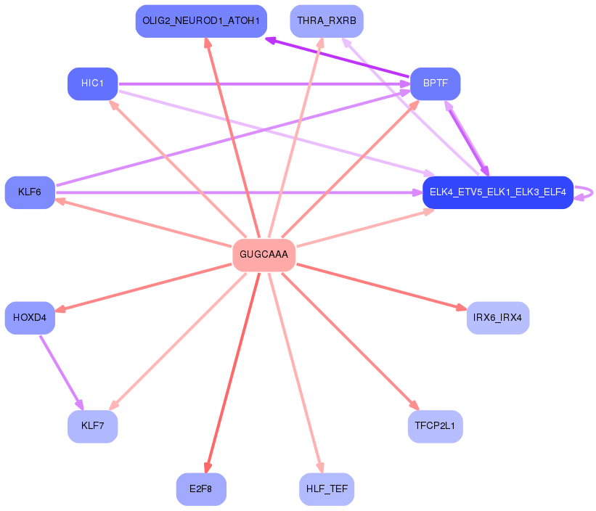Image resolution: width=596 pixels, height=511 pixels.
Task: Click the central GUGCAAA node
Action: (264, 255)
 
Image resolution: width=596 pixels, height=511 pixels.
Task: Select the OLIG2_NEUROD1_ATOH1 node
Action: (201, 21)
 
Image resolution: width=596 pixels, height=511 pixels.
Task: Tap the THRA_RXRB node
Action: (327, 21)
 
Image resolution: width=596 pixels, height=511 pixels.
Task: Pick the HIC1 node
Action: (93, 84)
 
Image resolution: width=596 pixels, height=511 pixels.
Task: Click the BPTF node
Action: (436, 84)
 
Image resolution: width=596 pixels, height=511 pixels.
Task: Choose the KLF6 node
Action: (30, 192)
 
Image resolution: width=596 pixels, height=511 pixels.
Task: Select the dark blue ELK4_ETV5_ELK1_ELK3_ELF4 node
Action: (498, 192)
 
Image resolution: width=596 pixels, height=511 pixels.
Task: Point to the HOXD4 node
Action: (30, 318)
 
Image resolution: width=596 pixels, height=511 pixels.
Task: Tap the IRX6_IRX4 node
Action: (498, 318)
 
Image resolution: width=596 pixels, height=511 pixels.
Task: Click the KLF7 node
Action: (93, 426)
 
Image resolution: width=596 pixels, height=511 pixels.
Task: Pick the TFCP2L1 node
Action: (436, 426)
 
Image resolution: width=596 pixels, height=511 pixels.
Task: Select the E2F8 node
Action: (201, 489)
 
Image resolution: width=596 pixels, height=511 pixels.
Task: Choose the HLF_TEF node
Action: (327, 489)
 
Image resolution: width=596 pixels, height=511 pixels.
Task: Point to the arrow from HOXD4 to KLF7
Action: (62, 372)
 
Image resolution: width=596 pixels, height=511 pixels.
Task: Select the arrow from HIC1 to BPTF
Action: (264, 84)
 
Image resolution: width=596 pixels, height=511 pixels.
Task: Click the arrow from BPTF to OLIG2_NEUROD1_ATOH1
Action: (338, 57)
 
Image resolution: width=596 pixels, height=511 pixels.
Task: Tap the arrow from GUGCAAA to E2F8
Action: (232, 372)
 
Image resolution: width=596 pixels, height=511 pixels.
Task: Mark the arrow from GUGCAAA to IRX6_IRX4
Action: (382, 287)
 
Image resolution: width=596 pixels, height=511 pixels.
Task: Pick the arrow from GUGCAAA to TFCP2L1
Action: (350, 341)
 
